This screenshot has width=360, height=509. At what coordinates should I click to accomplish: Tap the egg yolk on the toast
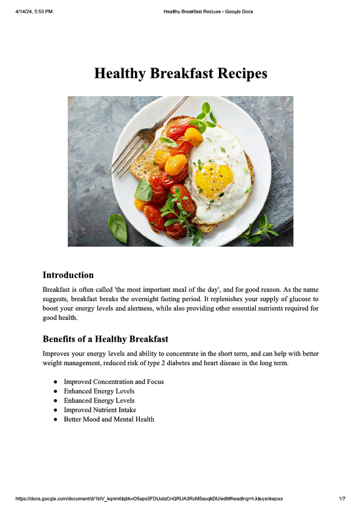(x=214, y=180)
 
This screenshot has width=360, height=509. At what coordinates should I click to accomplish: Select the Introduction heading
(x=68, y=275)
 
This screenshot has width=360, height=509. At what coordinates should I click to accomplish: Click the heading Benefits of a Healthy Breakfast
(x=105, y=339)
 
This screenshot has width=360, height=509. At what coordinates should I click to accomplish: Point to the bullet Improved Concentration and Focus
(x=114, y=381)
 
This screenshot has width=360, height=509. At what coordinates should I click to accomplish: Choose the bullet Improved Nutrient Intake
(x=100, y=410)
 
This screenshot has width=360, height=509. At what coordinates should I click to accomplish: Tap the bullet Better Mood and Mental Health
(x=109, y=419)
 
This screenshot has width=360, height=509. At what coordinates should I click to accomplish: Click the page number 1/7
(x=342, y=499)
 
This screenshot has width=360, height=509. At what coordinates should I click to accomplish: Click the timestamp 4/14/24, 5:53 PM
(x=34, y=11)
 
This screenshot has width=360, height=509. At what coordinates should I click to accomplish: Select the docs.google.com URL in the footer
(x=149, y=499)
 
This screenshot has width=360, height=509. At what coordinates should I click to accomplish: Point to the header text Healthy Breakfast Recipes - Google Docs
(x=208, y=11)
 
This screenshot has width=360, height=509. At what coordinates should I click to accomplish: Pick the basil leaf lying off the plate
(x=117, y=229)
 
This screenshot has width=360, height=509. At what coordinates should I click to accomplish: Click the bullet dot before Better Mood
(x=55, y=419)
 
